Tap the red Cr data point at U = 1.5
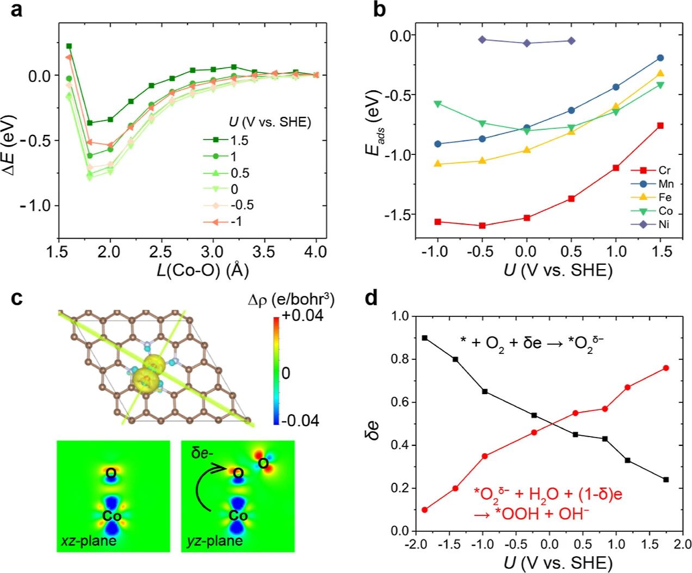click(660, 126)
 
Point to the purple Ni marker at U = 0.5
click(571, 41)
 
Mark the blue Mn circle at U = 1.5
click(660, 58)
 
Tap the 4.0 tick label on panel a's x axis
click(316, 252)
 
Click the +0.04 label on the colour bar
click(302, 315)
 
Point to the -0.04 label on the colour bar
click(301, 420)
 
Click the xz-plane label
click(89, 541)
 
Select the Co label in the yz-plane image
click(238, 515)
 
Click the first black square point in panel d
click(425, 338)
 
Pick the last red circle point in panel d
click(666, 368)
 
